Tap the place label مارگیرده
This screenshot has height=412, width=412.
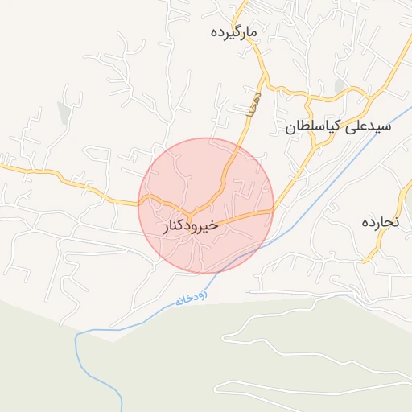pyautogui.click(x=233, y=32)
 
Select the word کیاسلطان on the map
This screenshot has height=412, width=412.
pyautogui.click(x=313, y=127)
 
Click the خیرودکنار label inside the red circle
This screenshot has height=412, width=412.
pyautogui.click(x=191, y=227)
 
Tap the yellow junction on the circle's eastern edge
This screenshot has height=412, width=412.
pyautogui.click(x=271, y=211)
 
